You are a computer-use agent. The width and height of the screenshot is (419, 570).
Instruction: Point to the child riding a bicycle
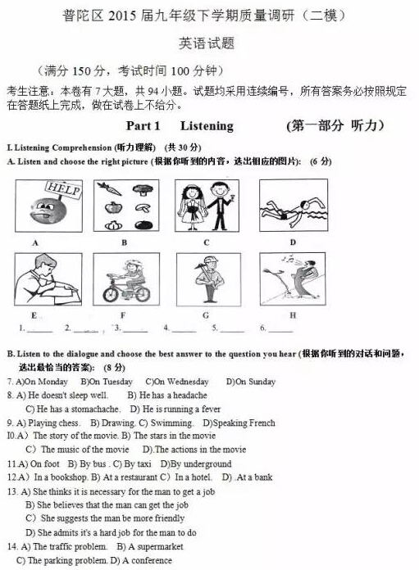125,279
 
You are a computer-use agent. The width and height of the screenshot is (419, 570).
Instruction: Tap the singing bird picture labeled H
293,278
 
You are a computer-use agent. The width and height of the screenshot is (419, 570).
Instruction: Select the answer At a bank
253,477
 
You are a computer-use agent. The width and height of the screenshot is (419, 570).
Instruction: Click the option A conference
151,560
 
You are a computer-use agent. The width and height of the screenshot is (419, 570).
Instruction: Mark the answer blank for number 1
40,329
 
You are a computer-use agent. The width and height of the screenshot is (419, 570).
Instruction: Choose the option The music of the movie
84,450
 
